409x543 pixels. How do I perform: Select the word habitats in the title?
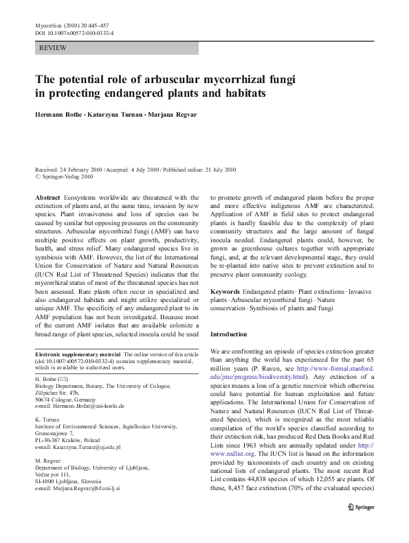[x=241, y=93]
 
